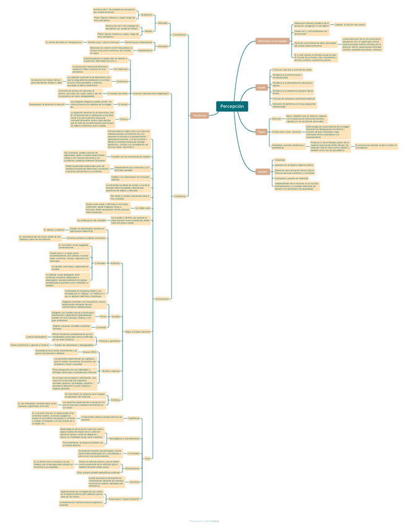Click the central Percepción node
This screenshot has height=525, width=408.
232,106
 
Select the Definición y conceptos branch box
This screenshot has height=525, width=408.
272,41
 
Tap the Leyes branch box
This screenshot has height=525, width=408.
262,87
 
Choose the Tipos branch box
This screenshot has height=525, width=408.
261,131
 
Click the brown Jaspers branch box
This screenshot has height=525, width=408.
263,171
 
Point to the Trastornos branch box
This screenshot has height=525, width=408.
199,115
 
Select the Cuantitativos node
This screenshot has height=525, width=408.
180,35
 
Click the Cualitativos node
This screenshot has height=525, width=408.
180,196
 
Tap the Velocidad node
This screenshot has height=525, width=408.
162,23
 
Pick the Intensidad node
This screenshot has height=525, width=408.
162,46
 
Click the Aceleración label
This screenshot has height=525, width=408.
147,14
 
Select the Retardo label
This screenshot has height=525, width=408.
149,30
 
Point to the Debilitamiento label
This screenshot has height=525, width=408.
145,50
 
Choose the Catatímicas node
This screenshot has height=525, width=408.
122,81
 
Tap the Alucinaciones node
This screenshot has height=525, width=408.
163,298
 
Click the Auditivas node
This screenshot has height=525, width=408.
116,263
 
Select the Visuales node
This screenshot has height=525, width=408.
116,316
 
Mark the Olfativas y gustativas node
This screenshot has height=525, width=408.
110,341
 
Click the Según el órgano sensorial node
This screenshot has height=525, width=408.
137,332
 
